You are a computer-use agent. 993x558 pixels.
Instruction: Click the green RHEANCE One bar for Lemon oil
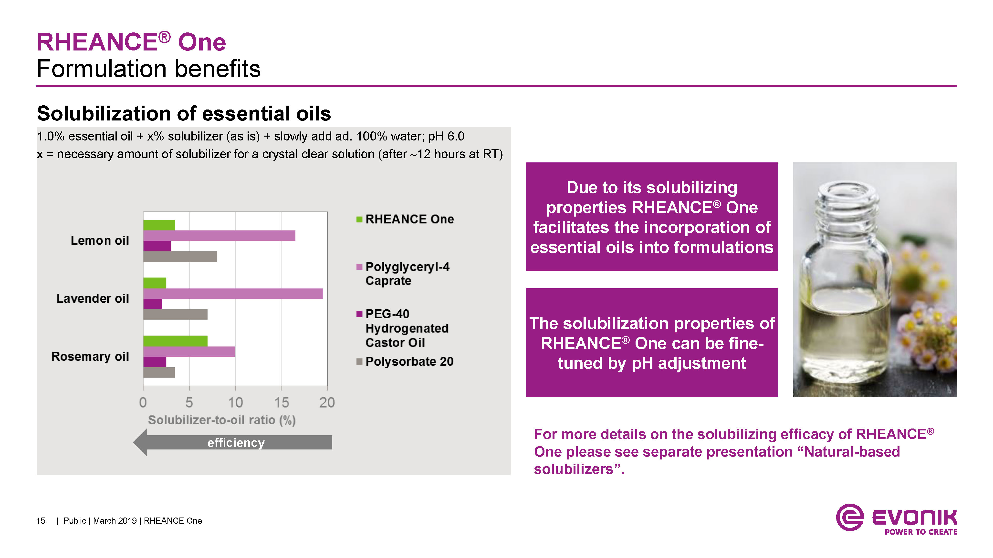pos(159,225)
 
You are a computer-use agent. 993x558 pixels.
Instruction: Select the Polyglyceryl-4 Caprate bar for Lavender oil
pos(233,293)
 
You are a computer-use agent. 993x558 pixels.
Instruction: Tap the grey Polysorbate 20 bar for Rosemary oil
pos(159,372)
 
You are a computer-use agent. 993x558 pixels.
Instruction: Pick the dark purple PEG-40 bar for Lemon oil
pos(157,246)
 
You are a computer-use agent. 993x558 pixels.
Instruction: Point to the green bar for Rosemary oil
pos(175,341)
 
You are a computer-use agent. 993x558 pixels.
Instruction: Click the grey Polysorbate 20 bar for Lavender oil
pos(175,314)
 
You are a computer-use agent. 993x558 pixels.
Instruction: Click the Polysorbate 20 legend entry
pos(405,362)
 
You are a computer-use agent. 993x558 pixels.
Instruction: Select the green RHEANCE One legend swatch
pos(359,219)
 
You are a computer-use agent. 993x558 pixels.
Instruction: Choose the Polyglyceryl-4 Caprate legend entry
pos(403,274)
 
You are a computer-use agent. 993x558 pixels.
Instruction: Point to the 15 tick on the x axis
pos(282,402)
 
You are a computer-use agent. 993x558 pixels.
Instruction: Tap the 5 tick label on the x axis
pos(189,402)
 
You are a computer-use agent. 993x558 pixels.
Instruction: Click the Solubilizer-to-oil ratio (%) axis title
pos(222,420)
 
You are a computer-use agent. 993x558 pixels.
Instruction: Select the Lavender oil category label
pos(93,299)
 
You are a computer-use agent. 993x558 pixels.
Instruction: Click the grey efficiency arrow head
pos(140,442)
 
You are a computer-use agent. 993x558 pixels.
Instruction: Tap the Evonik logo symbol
pos(850,517)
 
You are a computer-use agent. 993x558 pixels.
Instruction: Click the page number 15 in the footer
pos(41,521)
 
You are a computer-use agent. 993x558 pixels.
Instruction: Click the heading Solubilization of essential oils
pos(184,114)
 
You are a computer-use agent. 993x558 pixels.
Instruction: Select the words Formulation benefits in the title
pos(149,69)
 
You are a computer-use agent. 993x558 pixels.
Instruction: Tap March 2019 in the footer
pos(115,521)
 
